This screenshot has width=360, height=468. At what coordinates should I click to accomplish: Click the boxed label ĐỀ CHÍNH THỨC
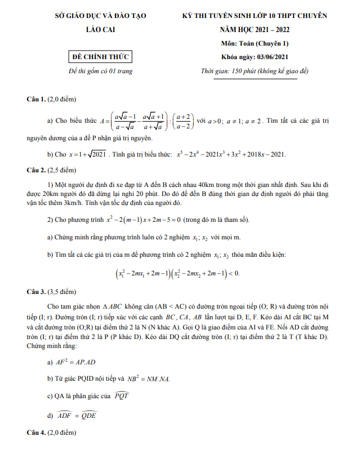tap(99, 56)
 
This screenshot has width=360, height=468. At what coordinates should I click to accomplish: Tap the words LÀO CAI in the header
tap(99, 29)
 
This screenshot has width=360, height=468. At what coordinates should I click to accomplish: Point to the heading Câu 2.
tap(37, 169)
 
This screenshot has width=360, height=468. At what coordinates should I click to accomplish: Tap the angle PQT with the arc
tap(122, 395)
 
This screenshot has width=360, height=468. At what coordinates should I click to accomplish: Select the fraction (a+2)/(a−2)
tap(184, 121)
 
